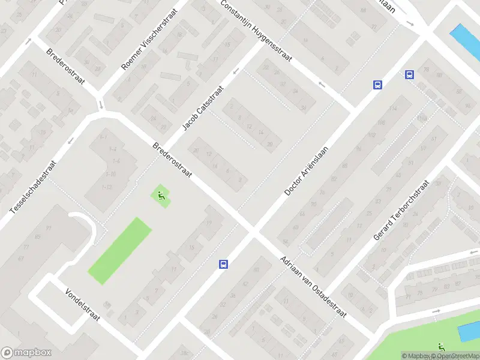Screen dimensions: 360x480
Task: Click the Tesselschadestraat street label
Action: [x=34, y=187]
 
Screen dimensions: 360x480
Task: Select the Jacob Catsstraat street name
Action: [x=203, y=108]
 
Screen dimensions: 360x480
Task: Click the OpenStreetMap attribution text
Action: [x=456, y=356]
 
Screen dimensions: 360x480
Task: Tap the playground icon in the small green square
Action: [x=160, y=194]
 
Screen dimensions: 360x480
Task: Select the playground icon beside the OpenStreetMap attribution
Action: [x=442, y=347]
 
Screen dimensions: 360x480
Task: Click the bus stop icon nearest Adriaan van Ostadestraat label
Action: [x=223, y=264]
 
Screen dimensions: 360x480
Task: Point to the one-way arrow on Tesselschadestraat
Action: [x=70, y=142]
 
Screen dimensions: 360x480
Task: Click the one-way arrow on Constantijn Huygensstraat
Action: [x=322, y=84]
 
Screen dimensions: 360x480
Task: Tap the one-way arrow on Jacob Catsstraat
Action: [x=235, y=71]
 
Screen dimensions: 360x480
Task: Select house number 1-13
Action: [x=107, y=187]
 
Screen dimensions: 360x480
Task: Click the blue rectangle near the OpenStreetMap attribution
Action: [x=466, y=331]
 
